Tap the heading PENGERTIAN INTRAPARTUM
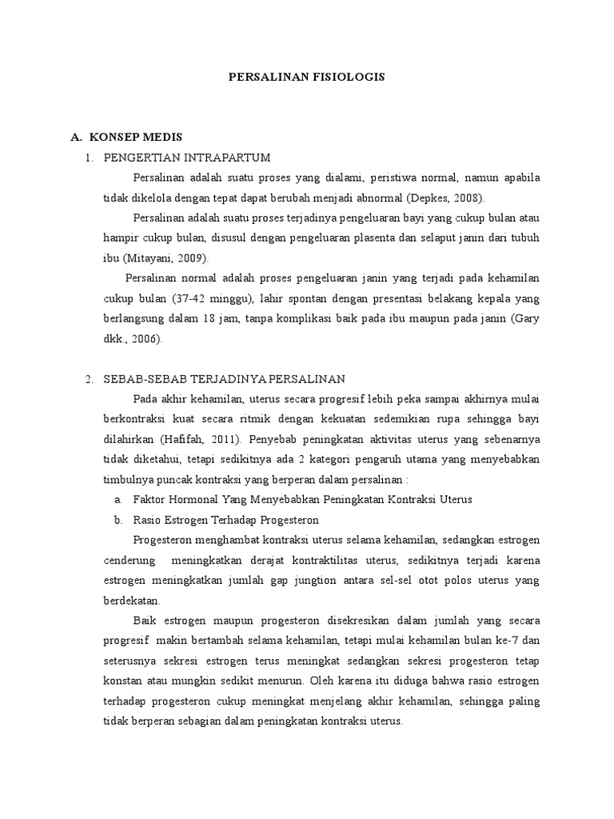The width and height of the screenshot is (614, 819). pos(188,157)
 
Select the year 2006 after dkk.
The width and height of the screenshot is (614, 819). pos(144,339)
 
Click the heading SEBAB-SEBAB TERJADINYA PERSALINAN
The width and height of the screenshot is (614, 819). pos(225,378)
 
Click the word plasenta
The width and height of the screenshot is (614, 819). pos(385,238)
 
